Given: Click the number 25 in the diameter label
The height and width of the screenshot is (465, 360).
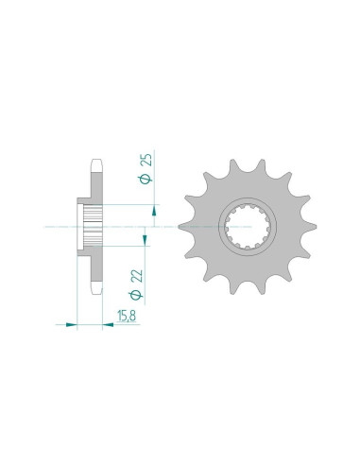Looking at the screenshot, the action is (x=147, y=160).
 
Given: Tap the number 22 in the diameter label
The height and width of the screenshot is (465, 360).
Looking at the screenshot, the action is (x=138, y=276).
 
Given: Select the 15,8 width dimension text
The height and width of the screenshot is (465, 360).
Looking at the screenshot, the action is (x=127, y=316).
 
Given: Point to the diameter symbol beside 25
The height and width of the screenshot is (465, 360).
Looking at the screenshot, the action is (x=146, y=179).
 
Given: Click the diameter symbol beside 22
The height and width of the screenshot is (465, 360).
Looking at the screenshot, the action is (x=136, y=295).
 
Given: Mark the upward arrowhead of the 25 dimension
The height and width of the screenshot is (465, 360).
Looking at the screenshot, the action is (x=154, y=210).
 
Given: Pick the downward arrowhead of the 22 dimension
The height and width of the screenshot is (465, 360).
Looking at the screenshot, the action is (x=145, y=240).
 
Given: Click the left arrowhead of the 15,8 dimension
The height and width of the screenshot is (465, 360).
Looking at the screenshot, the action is (x=71, y=324).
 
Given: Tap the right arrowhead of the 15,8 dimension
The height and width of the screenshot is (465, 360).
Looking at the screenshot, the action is (x=108, y=324).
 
